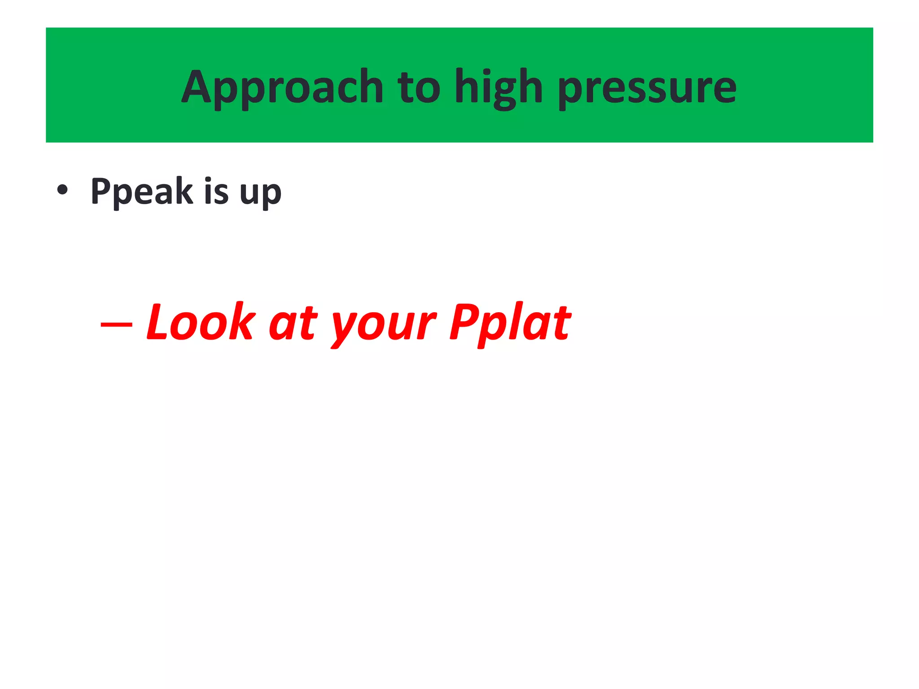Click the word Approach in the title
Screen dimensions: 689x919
(282, 87)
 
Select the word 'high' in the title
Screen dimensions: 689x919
(499, 87)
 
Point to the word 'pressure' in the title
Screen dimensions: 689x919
(647, 87)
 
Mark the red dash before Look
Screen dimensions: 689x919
(116, 324)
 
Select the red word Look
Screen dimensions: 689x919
(201, 322)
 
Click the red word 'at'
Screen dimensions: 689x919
(293, 324)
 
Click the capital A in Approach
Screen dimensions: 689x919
(196, 87)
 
